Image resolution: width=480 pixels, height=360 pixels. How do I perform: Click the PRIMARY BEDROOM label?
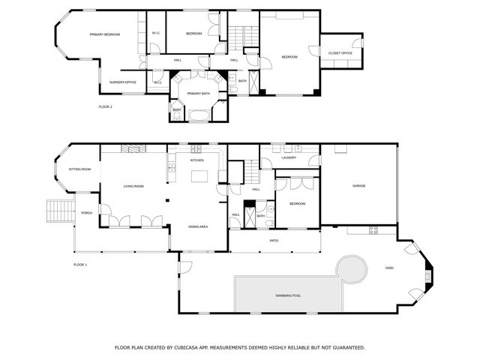tap(105, 34)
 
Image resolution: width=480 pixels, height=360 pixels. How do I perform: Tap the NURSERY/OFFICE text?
tap(122, 82)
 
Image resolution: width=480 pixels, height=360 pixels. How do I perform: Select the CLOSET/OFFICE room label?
tap(340, 52)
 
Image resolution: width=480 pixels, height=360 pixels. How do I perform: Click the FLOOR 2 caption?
tap(105, 107)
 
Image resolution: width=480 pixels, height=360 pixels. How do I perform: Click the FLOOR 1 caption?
tap(80, 265)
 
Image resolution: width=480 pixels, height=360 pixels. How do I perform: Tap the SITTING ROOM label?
tap(79, 169)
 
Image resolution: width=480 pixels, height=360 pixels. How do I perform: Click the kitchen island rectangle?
tap(199, 176)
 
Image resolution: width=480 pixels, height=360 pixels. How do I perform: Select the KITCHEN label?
tap(196, 160)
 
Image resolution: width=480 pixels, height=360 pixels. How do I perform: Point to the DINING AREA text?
tap(198, 226)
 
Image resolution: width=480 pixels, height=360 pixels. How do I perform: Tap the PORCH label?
tap(86, 213)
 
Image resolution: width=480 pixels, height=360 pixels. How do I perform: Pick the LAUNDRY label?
tap(289, 157)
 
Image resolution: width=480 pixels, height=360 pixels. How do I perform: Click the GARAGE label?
tap(359, 186)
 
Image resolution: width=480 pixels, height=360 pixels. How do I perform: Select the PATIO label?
tap(274, 241)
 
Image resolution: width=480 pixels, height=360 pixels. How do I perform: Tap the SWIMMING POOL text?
tap(287, 295)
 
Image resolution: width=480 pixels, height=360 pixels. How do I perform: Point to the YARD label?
tap(389, 267)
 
